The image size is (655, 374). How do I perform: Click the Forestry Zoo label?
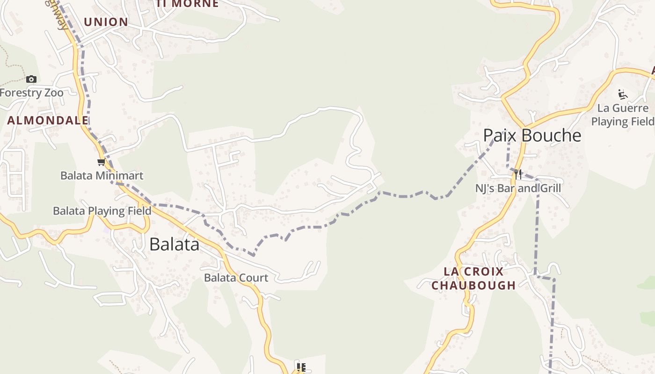[31, 93]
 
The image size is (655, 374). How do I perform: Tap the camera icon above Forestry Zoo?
[31, 79]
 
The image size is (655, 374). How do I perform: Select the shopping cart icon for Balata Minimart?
[101, 162]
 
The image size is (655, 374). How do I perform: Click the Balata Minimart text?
[102, 176]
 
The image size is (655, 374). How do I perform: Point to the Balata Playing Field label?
[102, 211]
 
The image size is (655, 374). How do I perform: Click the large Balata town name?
[174, 245]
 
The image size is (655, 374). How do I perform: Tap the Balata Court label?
[236, 278]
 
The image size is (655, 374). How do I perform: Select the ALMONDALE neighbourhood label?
[48, 120]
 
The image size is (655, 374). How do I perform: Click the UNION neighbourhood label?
[106, 22]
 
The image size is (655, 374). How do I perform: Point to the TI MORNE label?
[188, 4]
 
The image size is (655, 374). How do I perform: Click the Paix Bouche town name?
[532, 136]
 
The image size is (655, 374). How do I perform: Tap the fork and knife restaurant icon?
[518, 174]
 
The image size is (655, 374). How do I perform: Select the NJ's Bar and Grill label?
[518, 188]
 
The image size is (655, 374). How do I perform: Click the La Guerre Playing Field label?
[623, 115]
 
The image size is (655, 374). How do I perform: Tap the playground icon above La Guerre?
[622, 95]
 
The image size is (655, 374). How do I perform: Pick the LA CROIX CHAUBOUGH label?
[473, 278]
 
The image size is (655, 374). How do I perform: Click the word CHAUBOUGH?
[473, 285]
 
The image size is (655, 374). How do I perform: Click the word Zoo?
[54, 93]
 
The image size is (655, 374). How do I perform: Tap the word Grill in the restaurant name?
[548, 188]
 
